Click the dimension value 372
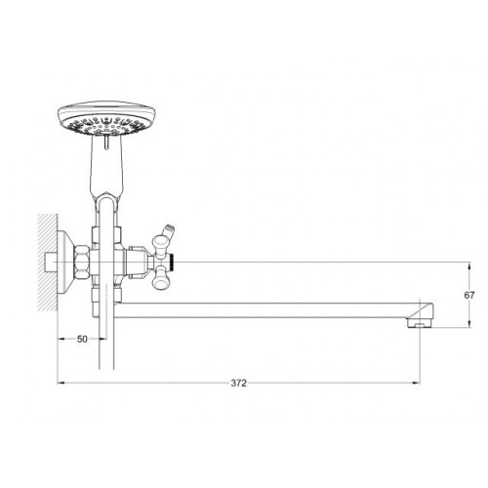point(239,384)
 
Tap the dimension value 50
point(82,339)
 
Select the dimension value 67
point(469,296)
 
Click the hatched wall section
point(48,262)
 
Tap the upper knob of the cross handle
point(160,244)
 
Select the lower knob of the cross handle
point(160,280)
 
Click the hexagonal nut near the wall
point(82,262)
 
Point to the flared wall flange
point(66,262)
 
